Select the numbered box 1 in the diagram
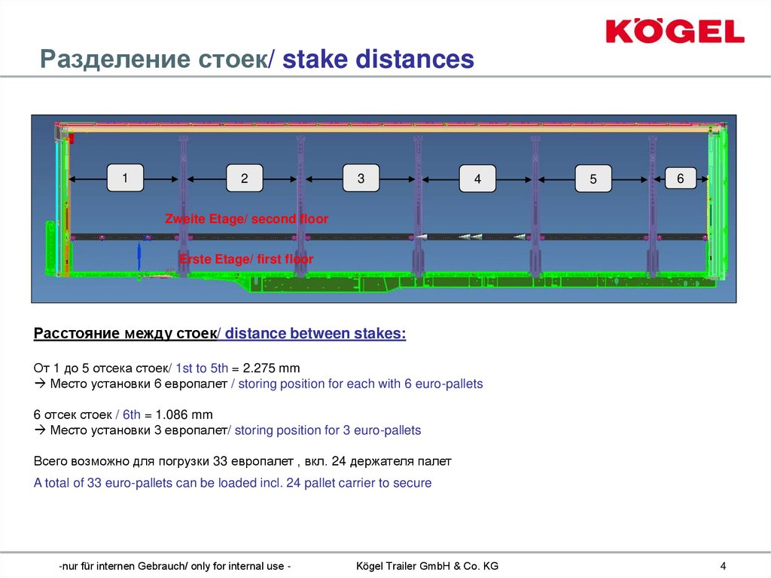pyautogui.click(x=125, y=178)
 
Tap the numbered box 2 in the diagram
pyautogui.click(x=245, y=179)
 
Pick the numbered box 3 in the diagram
pyautogui.click(x=361, y=179)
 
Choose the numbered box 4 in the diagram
pyautogui.click(x=477, y=179)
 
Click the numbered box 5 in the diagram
pyautogui.click(x=593, y=179)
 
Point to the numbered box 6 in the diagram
pyautogui.click(x=681, y=178)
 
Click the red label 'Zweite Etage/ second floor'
pyautogui.click(x=246, y=219)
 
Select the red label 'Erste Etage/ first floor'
pyautogui.click(x=246, y=259)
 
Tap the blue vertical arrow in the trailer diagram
pyautogui.click(x=139, y=255)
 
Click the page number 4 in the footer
pyautogui.click(x=723, y=566)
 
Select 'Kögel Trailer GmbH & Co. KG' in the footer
pyautogui.click(x=426, y=566)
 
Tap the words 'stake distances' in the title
pyautogui.click(x=378, y=59)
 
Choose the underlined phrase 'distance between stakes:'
pyautogui.click(x=315, y=334)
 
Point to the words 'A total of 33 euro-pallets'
pyautogui.click(x=104, y=483)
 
